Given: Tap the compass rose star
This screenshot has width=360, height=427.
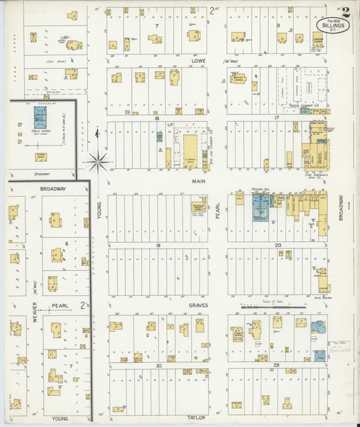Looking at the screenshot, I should [x=99, y=160].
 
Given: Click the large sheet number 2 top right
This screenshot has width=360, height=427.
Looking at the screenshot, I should [x=346, y=11].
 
